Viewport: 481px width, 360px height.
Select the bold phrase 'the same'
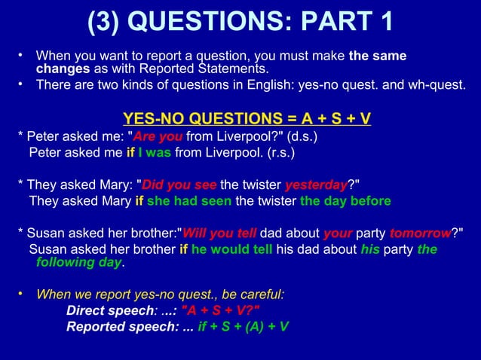[378, 56]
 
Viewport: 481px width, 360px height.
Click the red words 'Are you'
[161, 137]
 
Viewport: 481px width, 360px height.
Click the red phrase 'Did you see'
[179, 186]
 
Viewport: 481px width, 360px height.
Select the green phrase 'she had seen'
[191, 201]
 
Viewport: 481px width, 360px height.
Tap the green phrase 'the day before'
[345, 201]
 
